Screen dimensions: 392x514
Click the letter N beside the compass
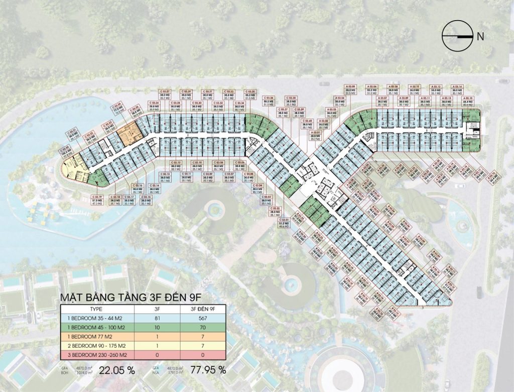[480, 36]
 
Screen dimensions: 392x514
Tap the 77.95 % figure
[208, 370]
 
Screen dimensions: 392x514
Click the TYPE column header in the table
[95, 310]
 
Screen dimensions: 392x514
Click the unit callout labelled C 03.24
[118, 109]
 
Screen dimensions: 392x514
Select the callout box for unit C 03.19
[98, 200]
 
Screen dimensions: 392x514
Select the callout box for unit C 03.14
[155, 187]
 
